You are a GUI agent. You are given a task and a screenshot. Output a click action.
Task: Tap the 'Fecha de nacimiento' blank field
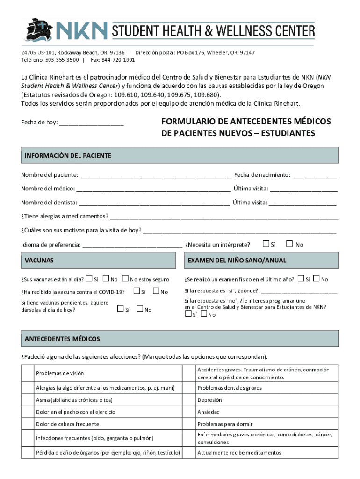314,176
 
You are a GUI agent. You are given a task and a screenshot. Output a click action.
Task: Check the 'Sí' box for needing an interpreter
266,244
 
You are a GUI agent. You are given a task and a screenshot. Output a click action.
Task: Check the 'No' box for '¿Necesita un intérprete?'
289,244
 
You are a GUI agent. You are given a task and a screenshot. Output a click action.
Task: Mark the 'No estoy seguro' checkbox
125,279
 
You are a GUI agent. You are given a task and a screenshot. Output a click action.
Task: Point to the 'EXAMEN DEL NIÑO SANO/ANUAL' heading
237,260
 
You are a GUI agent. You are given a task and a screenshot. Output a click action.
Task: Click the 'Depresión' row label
209,400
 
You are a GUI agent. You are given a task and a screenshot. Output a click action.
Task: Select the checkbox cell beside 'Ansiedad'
188,412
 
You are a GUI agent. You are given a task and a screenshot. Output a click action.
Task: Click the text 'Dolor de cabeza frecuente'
67,424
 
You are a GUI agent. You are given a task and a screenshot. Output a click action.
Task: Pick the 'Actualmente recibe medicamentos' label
239,453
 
